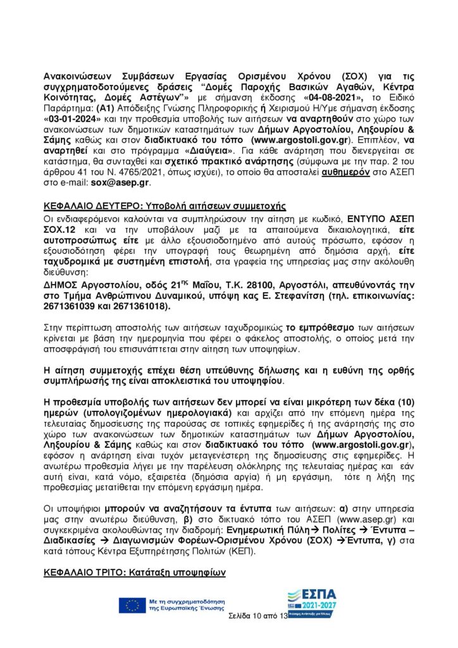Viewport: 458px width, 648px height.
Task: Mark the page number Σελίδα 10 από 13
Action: pos(256,616)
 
